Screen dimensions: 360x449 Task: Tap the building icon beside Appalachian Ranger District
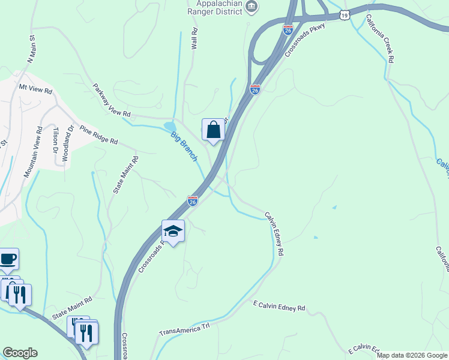click(252, 7)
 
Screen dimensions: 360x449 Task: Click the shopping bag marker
click(213, 130)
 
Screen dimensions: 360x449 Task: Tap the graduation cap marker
click(173, 231)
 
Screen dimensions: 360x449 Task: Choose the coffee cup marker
click(8, 259)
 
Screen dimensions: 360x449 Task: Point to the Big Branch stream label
click(184, 147)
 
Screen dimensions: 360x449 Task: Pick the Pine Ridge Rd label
click(98, 136)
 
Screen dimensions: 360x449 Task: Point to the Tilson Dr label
click(55, 140)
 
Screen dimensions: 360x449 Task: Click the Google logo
click(20, 353)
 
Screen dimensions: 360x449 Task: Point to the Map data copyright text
click(412, 355)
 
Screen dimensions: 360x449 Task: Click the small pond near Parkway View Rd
click(170, 126)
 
